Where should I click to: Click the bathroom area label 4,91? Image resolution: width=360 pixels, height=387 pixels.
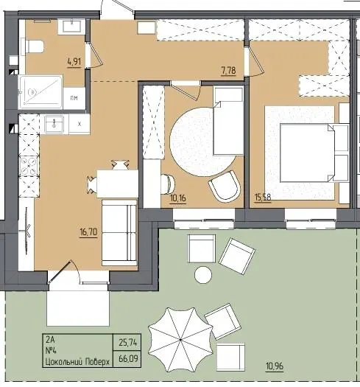click(x=74, y=62)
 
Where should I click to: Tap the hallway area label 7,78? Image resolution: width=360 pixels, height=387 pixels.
click(x=228, y=71)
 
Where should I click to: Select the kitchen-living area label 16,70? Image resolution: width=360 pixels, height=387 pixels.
click(x=88, y=232)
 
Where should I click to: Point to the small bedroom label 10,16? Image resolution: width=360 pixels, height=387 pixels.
click(x=178, y=198)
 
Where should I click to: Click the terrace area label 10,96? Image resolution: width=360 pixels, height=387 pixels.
click(x=275, y=366)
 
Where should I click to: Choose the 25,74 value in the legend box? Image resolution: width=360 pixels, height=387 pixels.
click(x=127, y=343)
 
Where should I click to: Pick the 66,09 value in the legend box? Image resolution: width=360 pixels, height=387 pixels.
click(x=128, y=358)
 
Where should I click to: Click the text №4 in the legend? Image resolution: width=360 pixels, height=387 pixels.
click(x=52, y=351)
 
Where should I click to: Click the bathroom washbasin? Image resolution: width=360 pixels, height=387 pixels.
click(x=71, y=27)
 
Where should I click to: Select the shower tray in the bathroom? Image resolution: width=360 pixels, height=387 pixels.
click(x=40, y=92)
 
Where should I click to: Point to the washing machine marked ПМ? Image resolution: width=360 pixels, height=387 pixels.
click(x=74, y=98)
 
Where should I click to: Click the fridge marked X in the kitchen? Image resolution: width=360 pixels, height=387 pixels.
click(x=80, y=125)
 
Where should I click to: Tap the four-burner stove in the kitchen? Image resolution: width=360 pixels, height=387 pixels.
click(x=29, y=166)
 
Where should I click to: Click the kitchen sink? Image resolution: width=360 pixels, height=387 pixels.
click(x=54, y=123)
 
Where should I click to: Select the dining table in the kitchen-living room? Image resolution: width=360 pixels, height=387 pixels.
click(x=117, y=184)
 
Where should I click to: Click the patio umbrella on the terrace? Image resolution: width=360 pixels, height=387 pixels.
click(x=180, y=340)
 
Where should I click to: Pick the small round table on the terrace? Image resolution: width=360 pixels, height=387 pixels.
click(x=203, y=275)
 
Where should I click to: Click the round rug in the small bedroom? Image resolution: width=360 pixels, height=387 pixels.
click(x=203, y=142)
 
